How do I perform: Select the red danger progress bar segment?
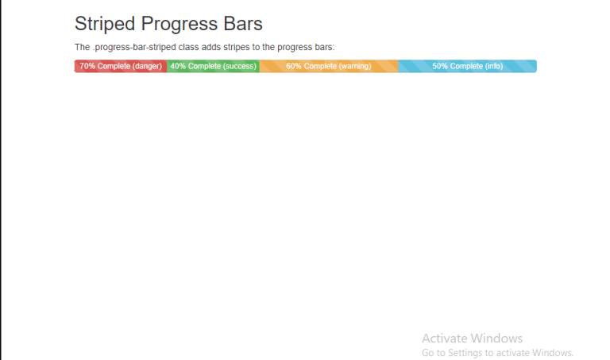coord(121,66)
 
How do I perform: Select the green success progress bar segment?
coord(213,66)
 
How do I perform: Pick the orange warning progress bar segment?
coord(329,66)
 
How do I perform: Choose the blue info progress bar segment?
coord(467,66)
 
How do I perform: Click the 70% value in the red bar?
coord(87,66)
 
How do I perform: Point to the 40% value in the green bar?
coord(178,66)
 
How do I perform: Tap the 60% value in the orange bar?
coord(294,66)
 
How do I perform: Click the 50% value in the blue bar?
coord(440,66)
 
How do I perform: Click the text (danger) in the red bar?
coord(149,66)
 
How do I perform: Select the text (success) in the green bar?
coord(240,66)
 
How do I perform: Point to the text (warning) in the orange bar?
coord(355,66)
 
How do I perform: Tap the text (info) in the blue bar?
coord(494,66)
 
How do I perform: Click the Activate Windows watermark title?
coord(472,338)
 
